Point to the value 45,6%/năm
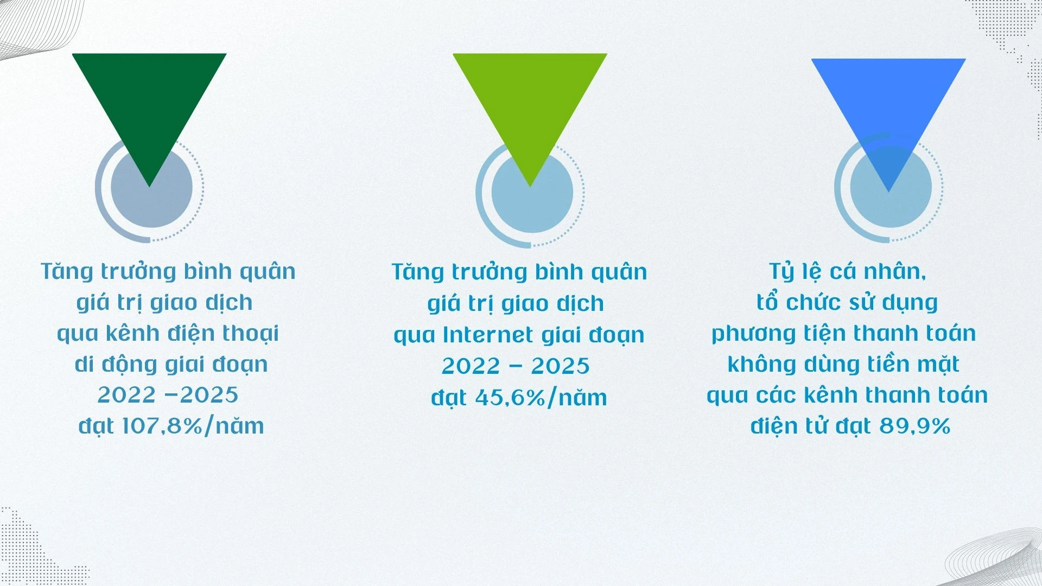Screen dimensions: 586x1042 click(541, 398)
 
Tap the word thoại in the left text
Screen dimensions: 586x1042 click(253, 333)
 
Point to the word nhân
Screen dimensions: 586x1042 click(896, 272)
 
